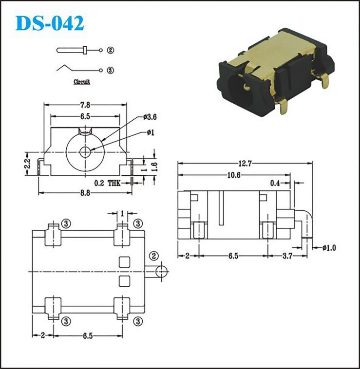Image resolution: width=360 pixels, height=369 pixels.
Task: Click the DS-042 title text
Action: [50, 23]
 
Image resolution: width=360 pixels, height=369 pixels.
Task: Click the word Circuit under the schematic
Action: [82, 82]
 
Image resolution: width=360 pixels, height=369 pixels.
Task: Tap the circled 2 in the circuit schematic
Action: [111, 50]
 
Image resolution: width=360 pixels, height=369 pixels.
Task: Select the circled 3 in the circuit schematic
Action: [111, 70]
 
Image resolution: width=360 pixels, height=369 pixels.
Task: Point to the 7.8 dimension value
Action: [85, 105]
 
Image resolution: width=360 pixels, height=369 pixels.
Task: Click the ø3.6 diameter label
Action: [150, 117]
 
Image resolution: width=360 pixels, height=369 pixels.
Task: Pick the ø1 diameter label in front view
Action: [151, 132]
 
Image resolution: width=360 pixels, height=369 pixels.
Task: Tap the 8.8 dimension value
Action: [85, 193]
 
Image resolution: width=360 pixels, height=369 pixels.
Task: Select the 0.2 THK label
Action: [107, 183]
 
